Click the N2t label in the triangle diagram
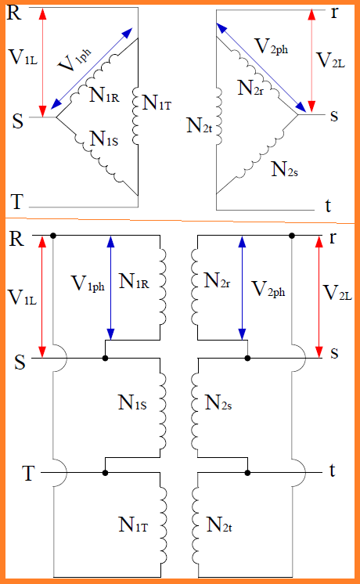click(x=200, y=123)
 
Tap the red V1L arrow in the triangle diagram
click(x=42, y=63)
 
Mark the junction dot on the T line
click(x=106, y=473)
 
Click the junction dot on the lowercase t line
click(x=247, y=473)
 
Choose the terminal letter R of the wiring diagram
click(x=15, y=240)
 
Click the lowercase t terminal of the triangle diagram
click(x=328, y=207)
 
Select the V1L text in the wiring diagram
click(x=23, y=297)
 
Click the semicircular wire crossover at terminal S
click(x=61, y=358)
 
